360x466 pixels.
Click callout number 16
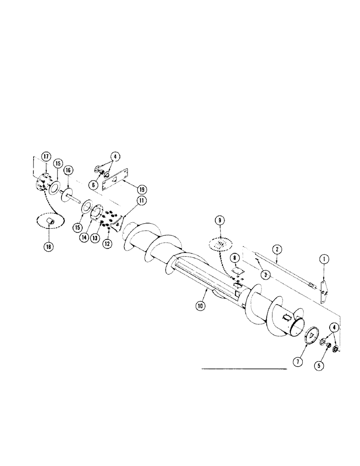click(68, 171)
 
